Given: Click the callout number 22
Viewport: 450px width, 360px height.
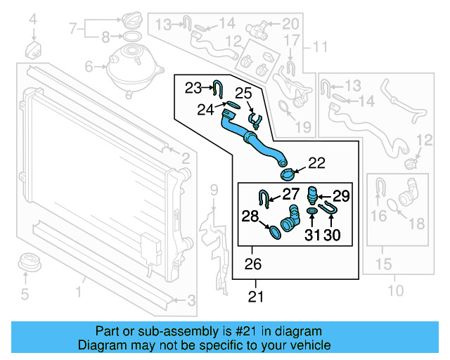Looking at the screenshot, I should click(x=316, y=163).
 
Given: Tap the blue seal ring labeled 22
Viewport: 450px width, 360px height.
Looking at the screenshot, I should click(x=288, y=174).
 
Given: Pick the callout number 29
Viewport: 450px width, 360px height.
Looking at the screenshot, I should click(x=340, y=195).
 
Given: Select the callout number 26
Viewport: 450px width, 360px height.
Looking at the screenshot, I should click(x=252, y=264).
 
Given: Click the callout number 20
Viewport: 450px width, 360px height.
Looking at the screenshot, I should click(x=290, y=25).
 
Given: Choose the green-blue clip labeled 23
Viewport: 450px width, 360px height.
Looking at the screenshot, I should click(x=219, y=89).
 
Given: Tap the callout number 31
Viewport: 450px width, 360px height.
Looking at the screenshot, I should click(x=312, y=235).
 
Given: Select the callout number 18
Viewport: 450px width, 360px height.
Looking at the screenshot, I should click(x=416, y=224).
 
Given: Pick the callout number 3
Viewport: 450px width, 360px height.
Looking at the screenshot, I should click(x=191, y=302).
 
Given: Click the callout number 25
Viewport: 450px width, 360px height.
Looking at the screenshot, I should click(x=243, y=93).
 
